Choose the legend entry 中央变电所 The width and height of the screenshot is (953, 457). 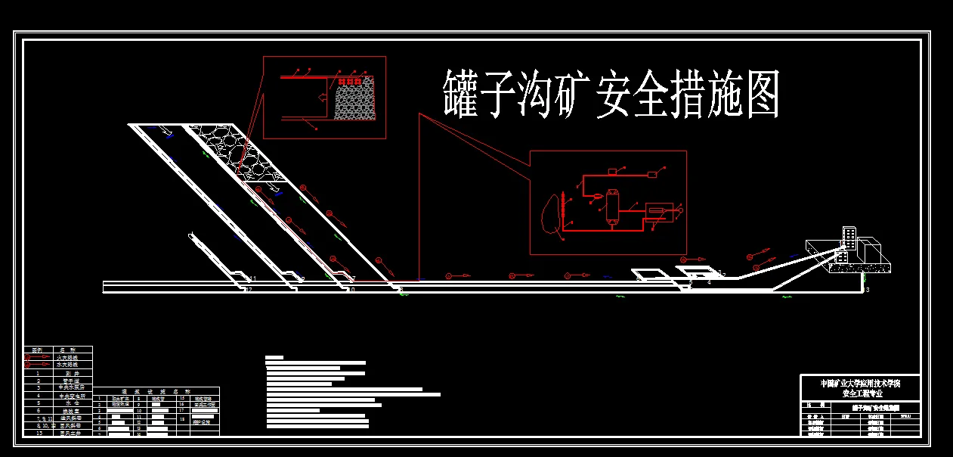tap(70, 395)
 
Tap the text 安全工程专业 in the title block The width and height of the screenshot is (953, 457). tap(862, 393)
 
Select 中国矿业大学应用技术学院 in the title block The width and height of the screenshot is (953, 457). tap(862, 383)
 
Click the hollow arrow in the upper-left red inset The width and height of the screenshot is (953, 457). tap(323, 97)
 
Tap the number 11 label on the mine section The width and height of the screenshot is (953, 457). tap(255, 278)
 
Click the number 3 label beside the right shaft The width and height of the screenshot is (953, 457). tap(868, 290)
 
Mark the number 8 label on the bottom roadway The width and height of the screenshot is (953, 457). tap(401, 291)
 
